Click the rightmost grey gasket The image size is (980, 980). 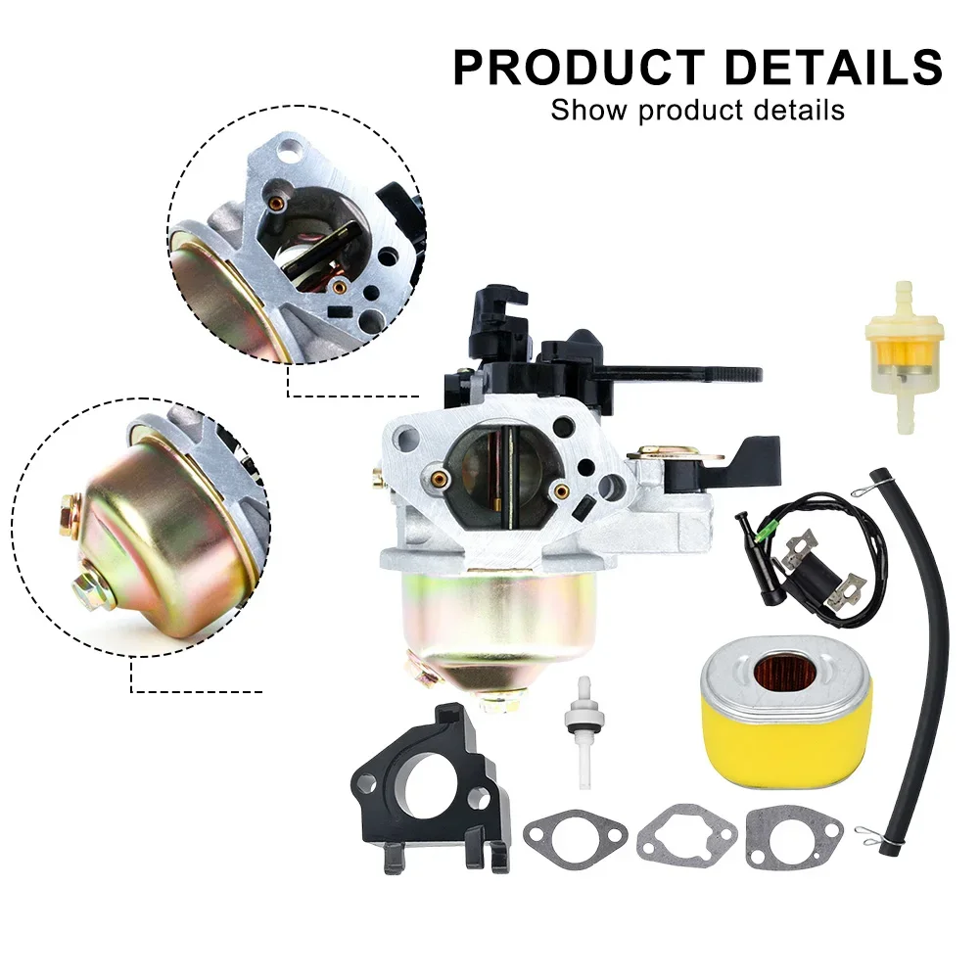click(794, 838)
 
